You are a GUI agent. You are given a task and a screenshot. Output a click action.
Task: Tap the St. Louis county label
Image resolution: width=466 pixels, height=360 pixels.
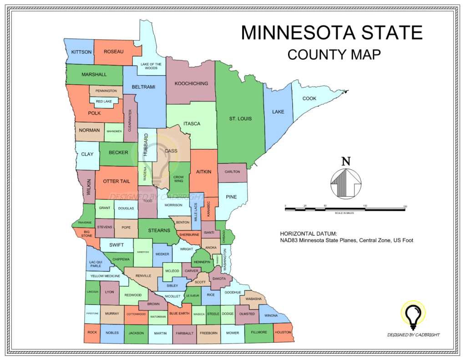(240, 119)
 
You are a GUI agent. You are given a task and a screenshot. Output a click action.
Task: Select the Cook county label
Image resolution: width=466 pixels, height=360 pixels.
(309, 98)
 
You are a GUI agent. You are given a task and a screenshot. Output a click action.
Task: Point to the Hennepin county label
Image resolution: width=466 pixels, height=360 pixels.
(202, 262)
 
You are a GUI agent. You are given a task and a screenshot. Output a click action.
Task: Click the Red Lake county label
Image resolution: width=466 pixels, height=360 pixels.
(104, 101)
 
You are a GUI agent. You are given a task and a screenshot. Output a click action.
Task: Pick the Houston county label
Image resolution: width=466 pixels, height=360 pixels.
(283, 332)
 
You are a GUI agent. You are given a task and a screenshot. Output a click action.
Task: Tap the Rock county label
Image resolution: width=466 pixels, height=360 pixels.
(92, 332)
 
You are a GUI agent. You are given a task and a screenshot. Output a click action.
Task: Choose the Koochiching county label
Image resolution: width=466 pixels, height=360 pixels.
(191, 83)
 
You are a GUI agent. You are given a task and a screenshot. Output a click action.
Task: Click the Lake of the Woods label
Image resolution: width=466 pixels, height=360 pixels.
(149, 66)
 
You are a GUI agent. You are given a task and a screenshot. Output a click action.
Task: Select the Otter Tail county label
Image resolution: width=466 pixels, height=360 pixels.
(116, 181)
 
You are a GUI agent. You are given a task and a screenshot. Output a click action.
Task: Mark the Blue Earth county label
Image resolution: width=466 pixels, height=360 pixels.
(179, 314)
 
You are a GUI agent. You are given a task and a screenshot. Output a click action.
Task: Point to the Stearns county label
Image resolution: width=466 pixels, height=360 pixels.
(159, 230)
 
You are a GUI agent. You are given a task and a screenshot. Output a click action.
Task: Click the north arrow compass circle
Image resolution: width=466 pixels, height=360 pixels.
(346, 183)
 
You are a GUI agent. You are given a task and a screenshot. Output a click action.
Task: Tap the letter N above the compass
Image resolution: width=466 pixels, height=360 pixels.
(346, 161)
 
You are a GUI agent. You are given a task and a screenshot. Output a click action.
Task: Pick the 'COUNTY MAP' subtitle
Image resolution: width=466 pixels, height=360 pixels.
(334, 55)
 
